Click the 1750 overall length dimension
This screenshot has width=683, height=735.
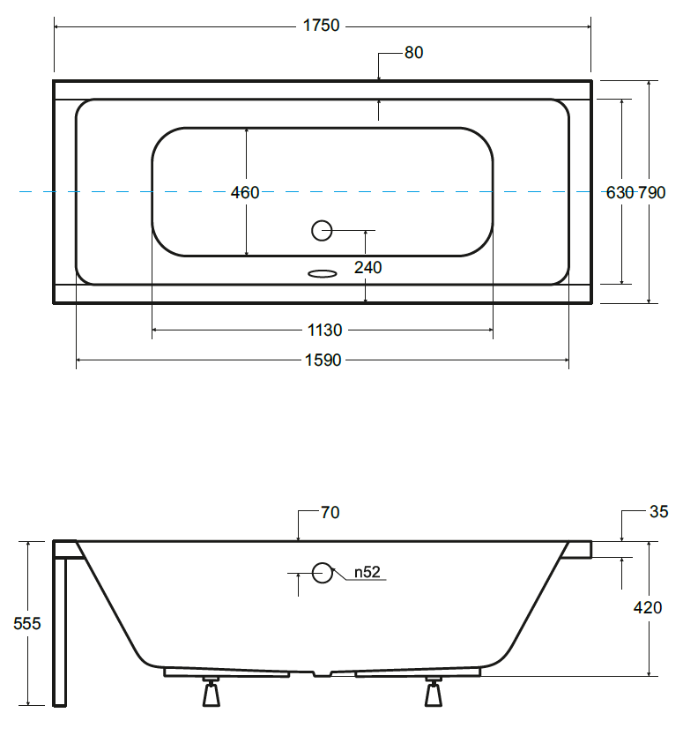pos(321,26)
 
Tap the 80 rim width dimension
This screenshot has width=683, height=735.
pos(414,53)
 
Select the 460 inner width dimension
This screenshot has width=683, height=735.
pos(245,192)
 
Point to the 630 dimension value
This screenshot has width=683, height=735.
pos(620,192)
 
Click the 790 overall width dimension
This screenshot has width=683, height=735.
pos(652,192)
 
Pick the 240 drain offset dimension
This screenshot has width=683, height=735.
pos(368,267)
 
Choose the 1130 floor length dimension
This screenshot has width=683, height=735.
pos(325,330)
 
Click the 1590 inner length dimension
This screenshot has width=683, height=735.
pos(323,360)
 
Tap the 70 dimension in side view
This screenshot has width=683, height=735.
pos(330,512)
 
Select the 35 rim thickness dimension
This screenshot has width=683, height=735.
pos(659,511)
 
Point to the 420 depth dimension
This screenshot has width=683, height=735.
pos(648,607)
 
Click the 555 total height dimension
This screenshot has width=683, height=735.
pos(27,623)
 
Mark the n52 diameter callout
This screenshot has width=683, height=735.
pos(367,572)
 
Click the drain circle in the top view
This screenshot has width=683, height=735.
pos(322,230)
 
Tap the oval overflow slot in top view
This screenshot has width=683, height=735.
pos(322,274)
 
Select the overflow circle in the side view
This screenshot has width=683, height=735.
pos(323,572)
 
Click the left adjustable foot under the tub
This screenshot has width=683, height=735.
pos(211,692)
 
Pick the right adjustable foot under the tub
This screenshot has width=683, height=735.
pos(433,692)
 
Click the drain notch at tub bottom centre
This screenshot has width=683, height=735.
pos(322,673)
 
